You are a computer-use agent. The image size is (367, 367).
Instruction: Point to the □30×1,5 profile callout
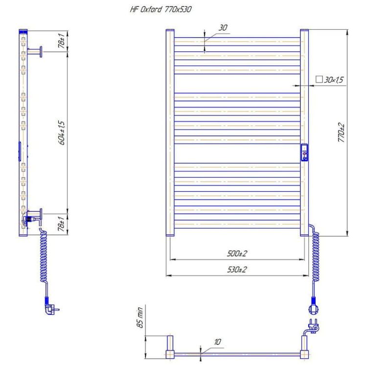[330, 79]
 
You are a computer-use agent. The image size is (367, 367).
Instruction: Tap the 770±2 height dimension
[342, 132]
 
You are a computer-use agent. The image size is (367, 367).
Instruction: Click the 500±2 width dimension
[237, 253]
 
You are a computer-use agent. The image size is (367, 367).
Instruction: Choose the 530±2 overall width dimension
[237, 270]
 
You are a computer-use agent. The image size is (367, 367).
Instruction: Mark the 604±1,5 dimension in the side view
[62, 132]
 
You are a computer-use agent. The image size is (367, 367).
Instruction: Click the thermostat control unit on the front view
[304, 152]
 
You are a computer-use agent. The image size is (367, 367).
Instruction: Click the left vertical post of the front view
[170, 132]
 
